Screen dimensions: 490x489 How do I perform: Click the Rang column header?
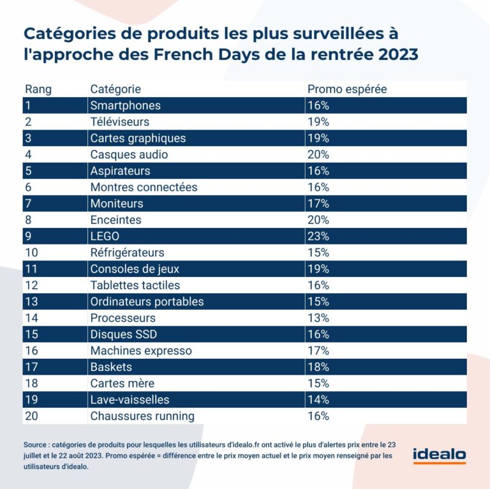tap(38, 89)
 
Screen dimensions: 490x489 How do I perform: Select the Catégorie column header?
tap(115, 89)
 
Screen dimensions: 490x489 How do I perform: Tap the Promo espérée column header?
tap(347, 89)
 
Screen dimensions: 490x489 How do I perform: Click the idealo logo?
tap(439, 455)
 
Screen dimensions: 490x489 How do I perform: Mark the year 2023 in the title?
tap(398, 54)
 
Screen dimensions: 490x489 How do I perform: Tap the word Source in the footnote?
tap(35, 444)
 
